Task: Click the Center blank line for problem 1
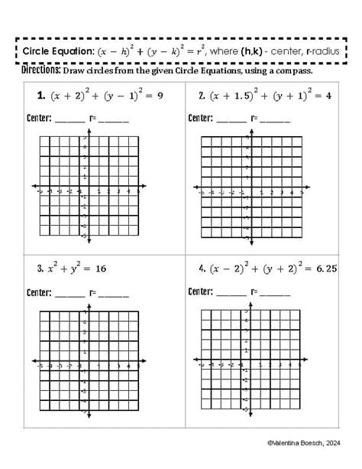(x=71, y=120)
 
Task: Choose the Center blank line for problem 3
(x=71, y=293)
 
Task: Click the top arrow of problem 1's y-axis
(x=89, y=130)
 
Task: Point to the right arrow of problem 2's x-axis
(x=303, y=193)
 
